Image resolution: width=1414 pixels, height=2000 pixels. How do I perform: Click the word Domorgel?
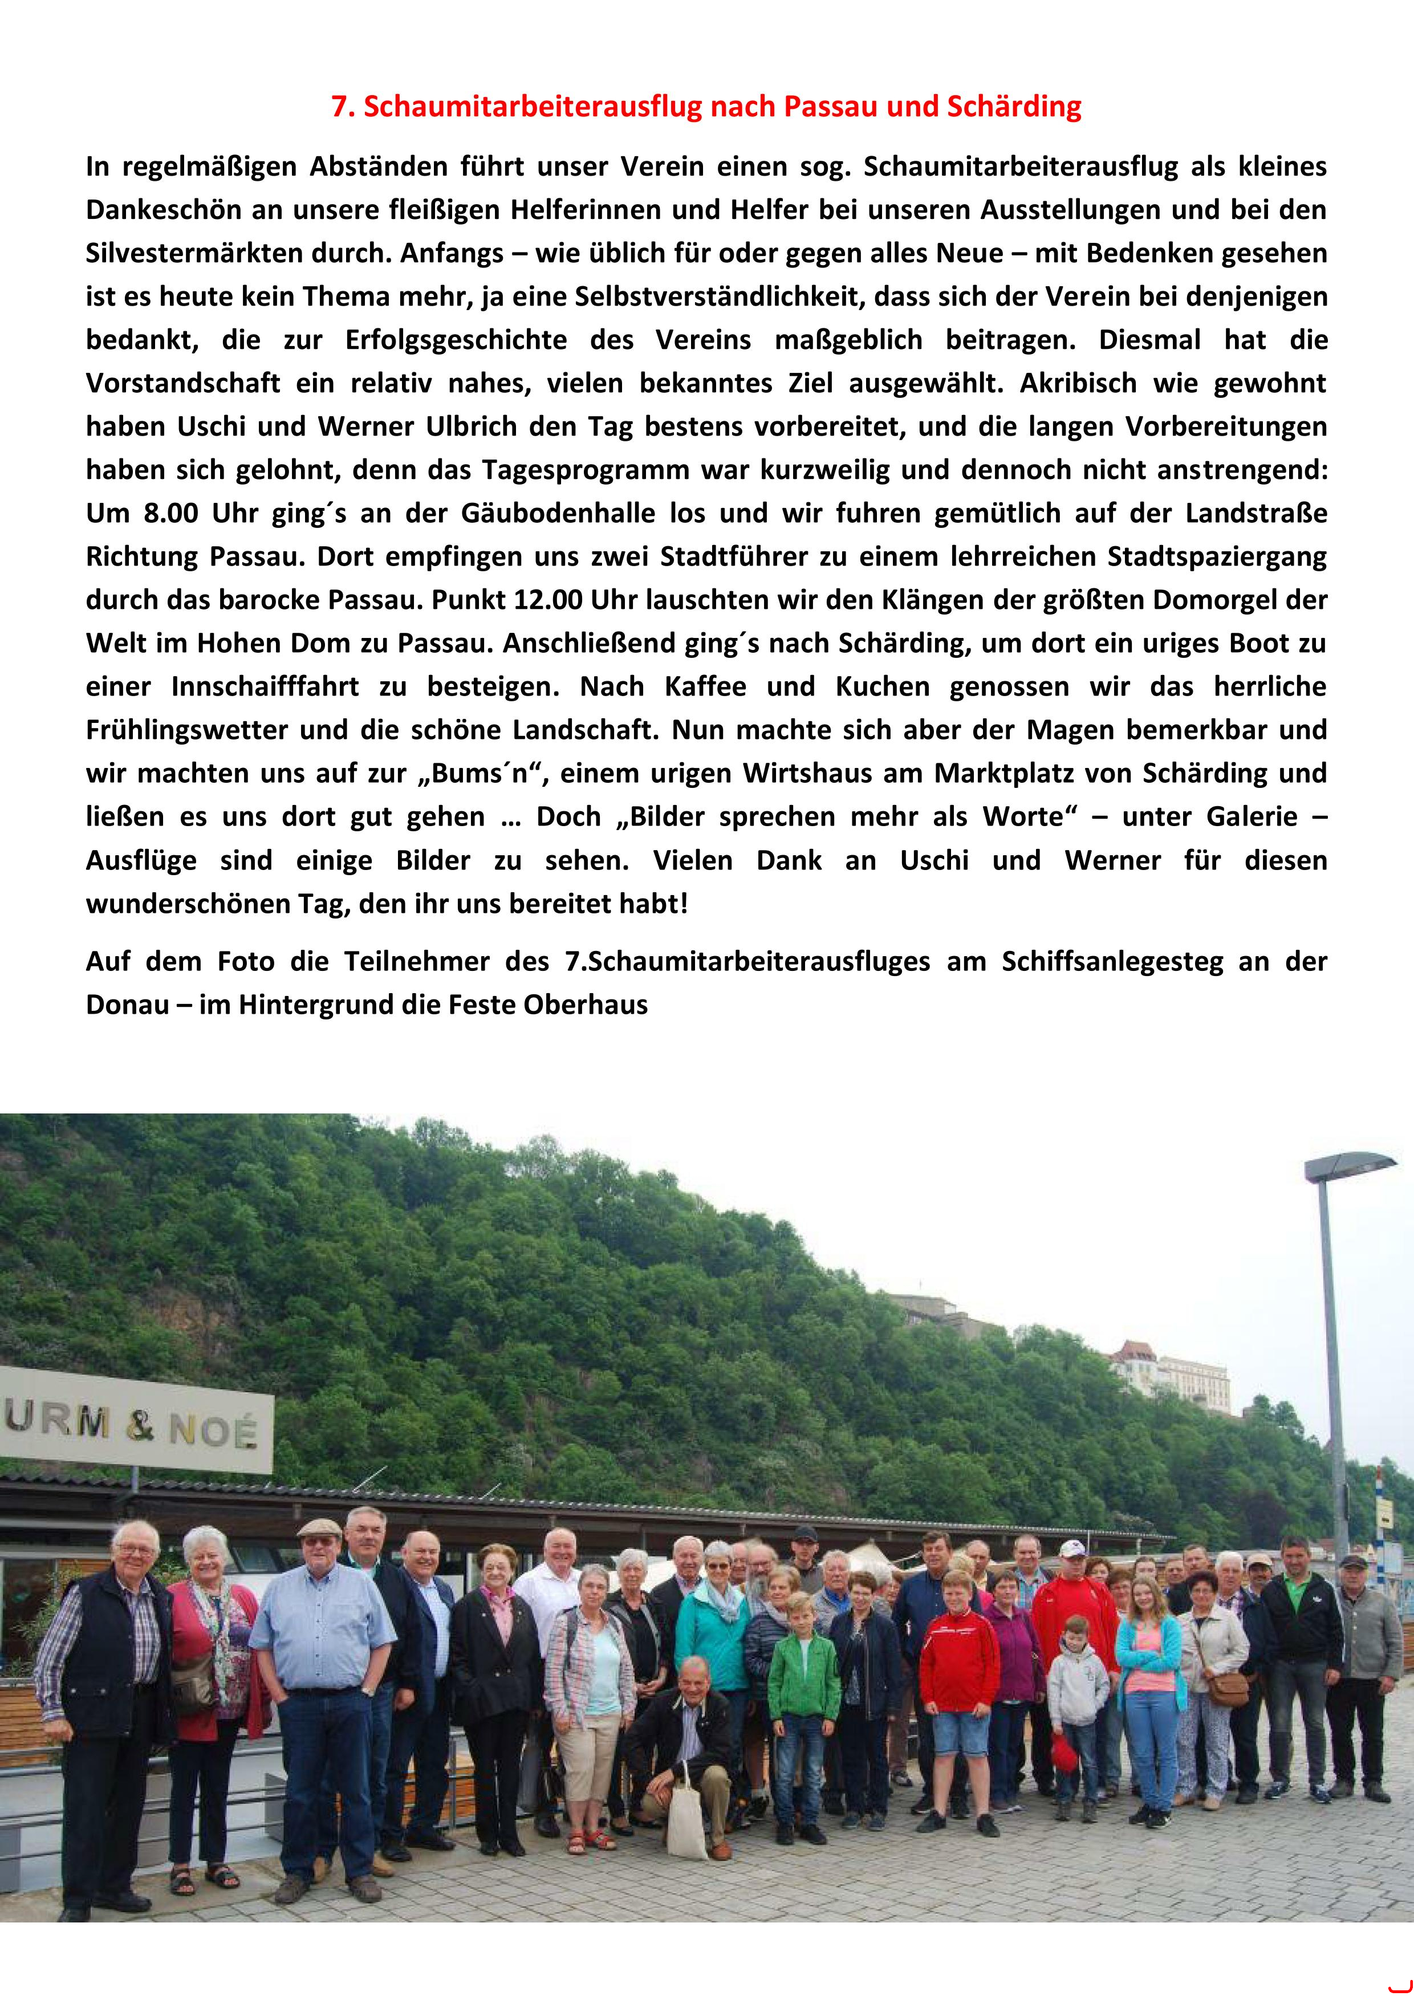1208,600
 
